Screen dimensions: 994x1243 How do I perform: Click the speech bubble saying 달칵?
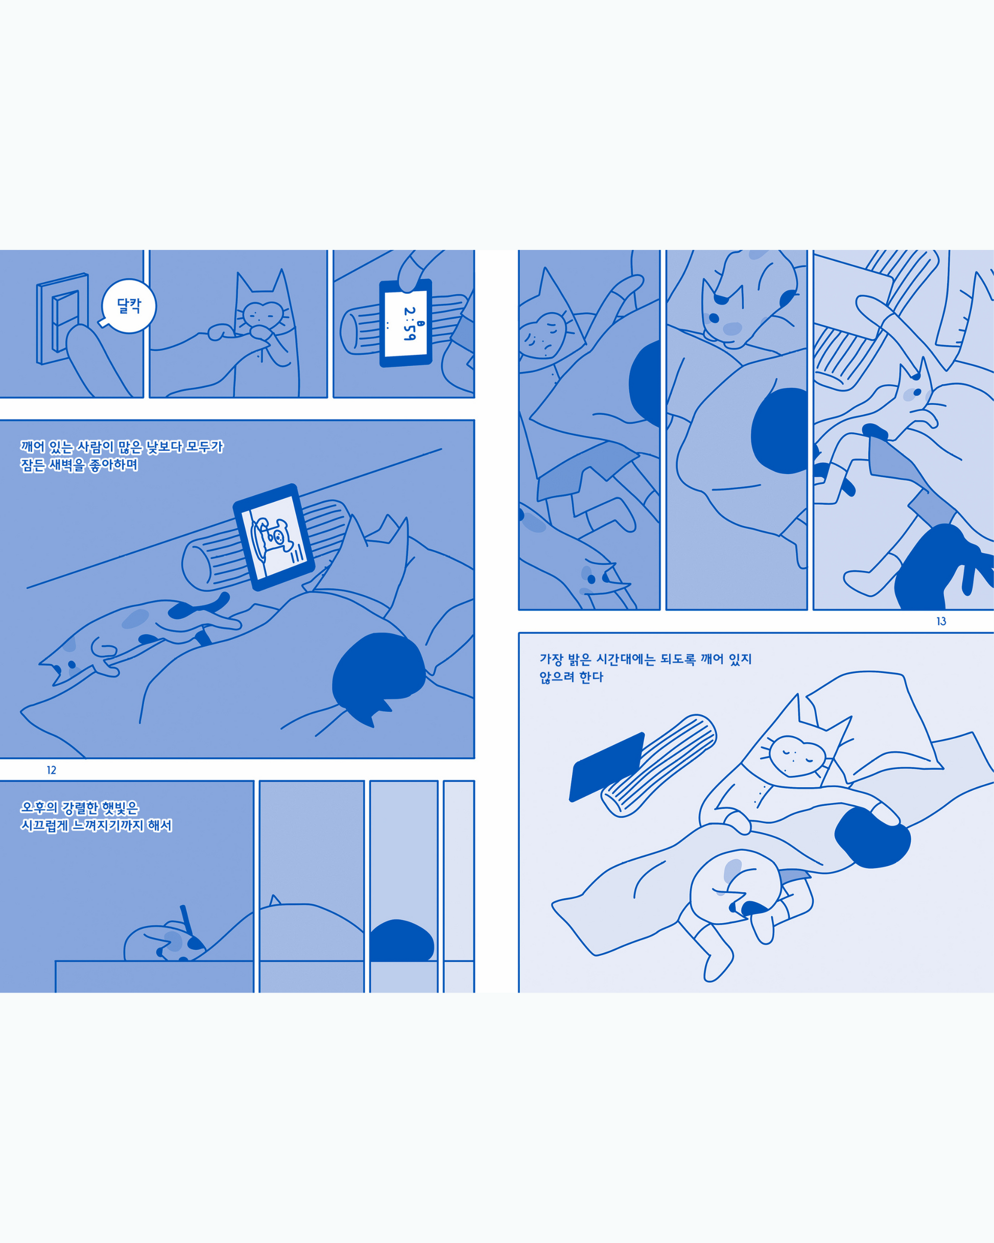tap(128, 306)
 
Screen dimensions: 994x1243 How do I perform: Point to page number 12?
tap(51, 770)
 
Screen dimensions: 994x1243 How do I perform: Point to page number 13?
tap(941, 621)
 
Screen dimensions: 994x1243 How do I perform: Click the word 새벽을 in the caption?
tap(67, 465)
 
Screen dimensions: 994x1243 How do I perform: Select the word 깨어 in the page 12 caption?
tap(32, 446)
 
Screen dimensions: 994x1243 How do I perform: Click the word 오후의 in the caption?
tap(39, 808)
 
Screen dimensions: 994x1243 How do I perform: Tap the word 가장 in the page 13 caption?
tap(551, 659)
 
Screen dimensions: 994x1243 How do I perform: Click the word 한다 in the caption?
tap(591, 677)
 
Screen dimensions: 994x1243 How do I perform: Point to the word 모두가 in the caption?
tap(205, 446)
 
